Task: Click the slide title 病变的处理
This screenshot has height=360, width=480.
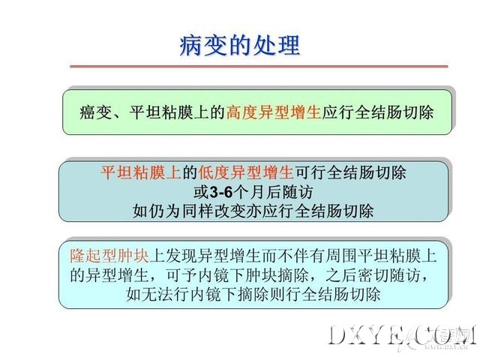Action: (240, 46)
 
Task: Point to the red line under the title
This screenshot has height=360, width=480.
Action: (259, 66)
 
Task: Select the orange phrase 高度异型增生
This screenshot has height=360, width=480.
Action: (274, 112)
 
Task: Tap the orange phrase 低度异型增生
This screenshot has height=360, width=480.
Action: (246, 172)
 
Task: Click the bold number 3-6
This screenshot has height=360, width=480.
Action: (221, 192)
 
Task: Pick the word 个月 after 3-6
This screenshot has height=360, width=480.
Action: (249, 192)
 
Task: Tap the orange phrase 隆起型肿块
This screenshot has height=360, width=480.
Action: (109, 255)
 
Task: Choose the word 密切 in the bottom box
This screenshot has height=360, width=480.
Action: (373, 274)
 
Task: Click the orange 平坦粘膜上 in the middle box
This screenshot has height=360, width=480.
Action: (141, 172)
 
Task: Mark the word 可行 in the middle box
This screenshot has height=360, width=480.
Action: (310, 172)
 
